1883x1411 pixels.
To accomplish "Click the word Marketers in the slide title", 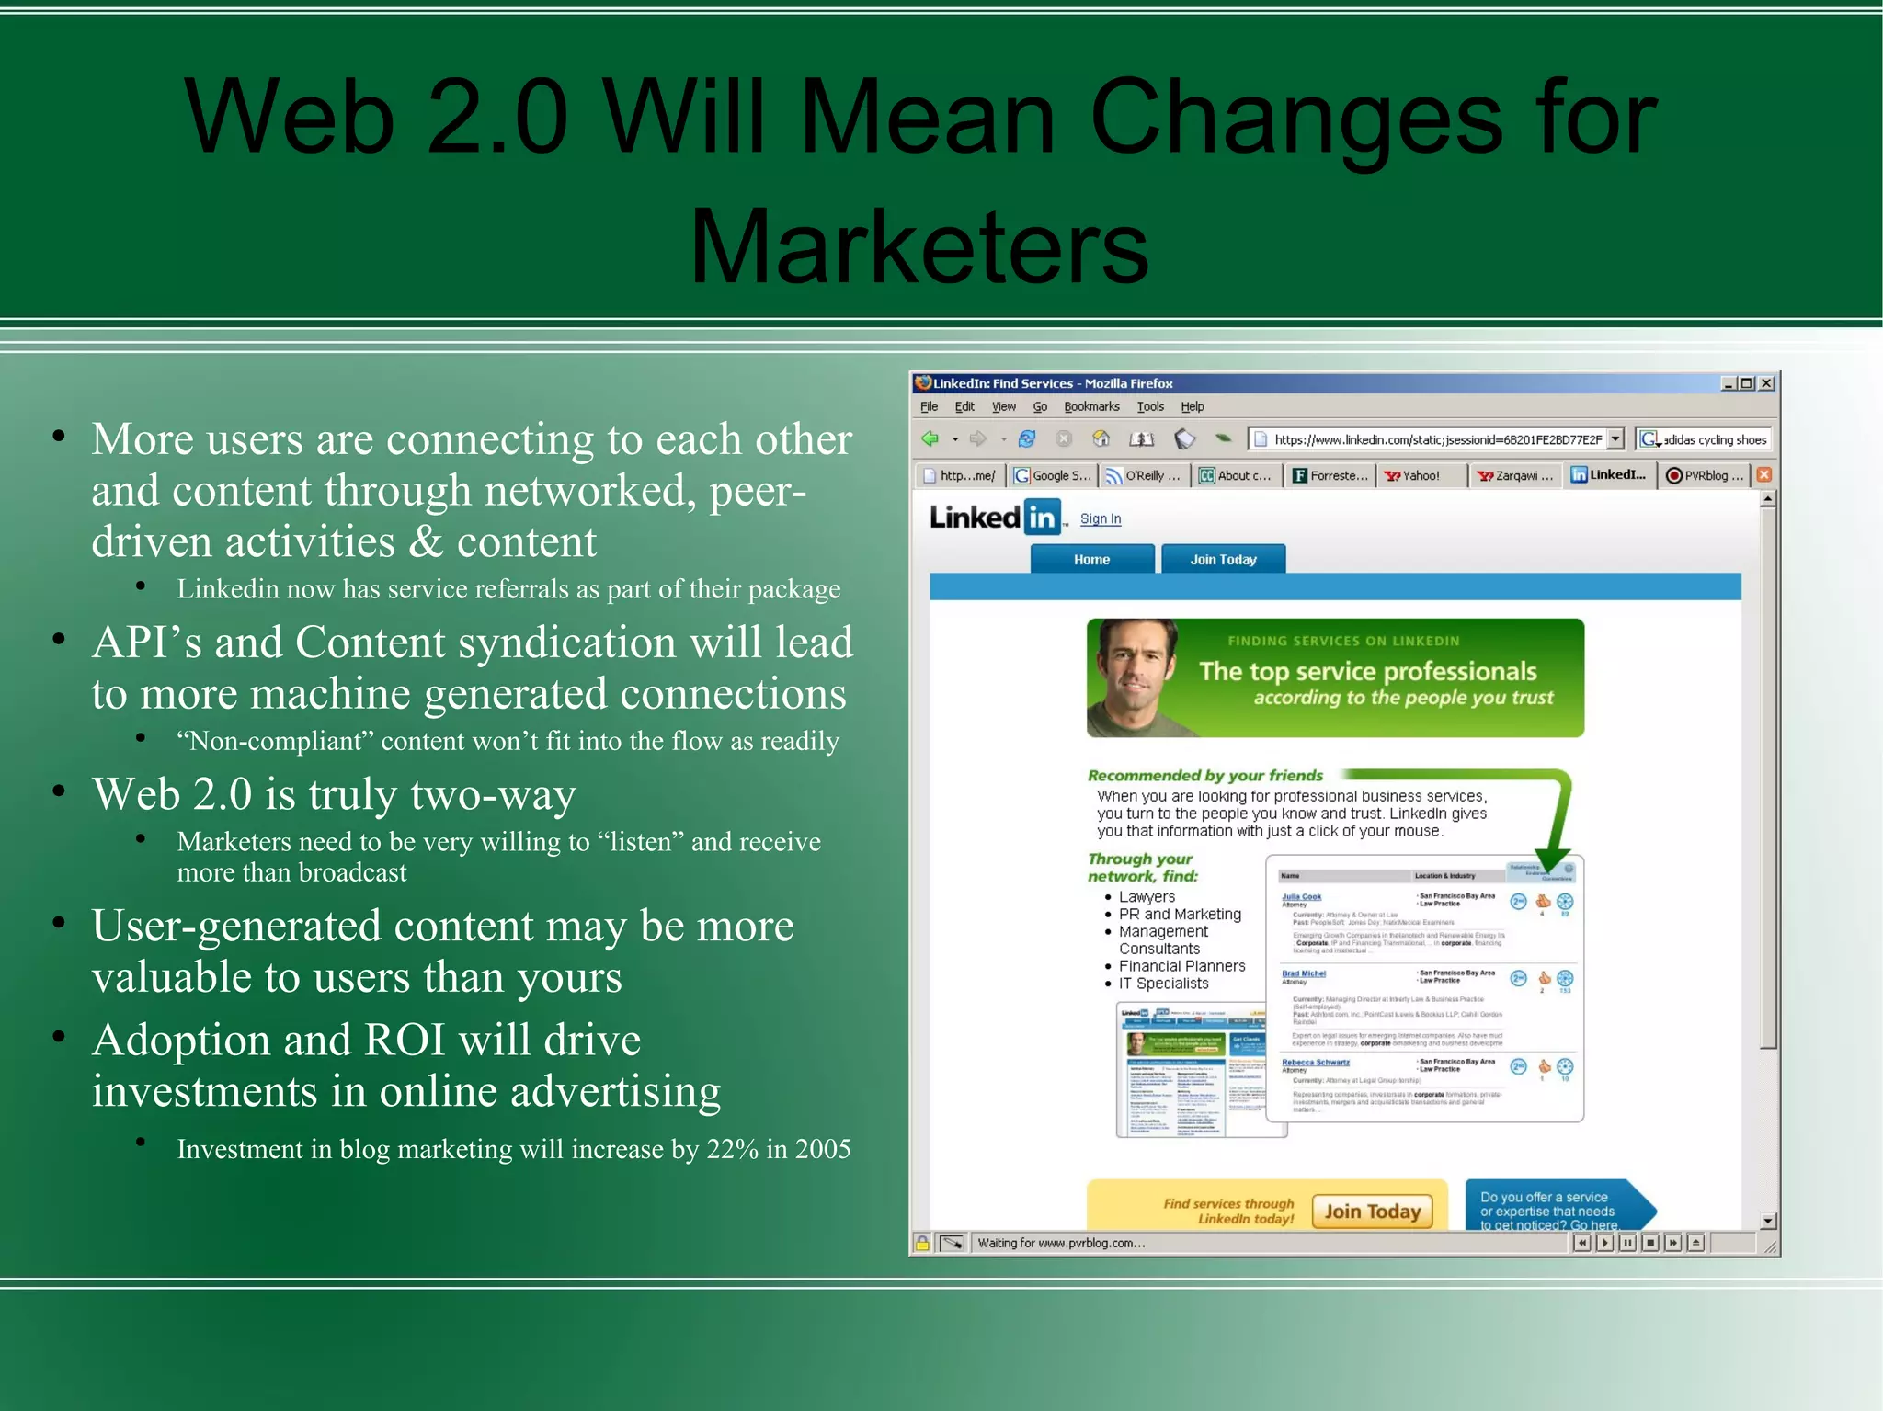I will point(919,246).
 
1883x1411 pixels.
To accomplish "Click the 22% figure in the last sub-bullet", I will point(732,1149).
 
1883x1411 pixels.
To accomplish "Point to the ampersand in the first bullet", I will point(426,541).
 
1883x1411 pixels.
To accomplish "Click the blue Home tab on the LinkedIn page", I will point(1091,559).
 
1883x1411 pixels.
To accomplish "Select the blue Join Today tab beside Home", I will point(1223,559).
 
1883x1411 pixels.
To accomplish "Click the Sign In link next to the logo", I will point(1100,518).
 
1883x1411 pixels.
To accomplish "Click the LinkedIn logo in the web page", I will point(997,518).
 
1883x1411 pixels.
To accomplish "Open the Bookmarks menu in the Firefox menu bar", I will point(1091,406).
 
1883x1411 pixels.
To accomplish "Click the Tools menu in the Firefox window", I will point(1149,406).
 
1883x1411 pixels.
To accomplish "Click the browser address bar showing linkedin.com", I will point(1434,439).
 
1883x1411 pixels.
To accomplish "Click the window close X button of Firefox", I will point(1766,383).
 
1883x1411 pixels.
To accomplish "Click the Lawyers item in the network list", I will point(1147,896).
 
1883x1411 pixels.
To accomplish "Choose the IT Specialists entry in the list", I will point(1163,984).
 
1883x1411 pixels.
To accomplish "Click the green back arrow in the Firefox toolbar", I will point(930,438).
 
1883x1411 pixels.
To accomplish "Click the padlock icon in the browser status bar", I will point(922,1243).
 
